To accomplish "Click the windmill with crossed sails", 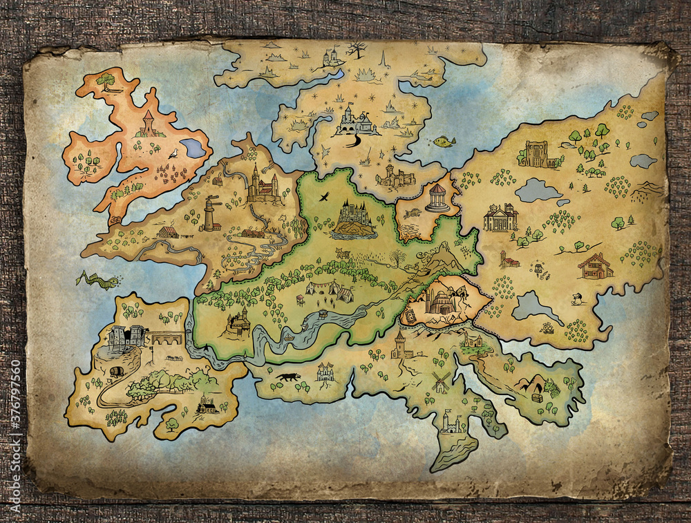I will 440,381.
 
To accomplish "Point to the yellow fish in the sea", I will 443,142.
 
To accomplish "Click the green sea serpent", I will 98,280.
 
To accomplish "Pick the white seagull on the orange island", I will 173,154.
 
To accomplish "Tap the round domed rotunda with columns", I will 437,198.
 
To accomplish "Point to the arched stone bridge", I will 167,339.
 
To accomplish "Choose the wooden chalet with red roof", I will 596,266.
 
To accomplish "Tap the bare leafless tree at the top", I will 357,49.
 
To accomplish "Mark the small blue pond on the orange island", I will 193,148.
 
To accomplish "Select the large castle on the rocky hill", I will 354,218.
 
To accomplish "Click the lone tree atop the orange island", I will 106,81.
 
